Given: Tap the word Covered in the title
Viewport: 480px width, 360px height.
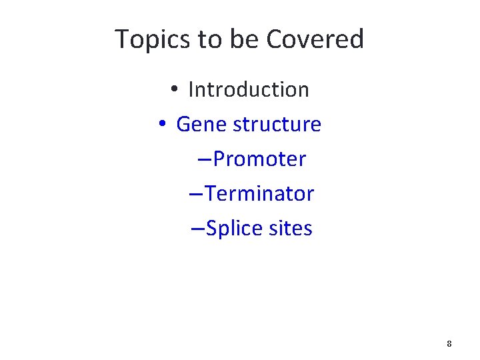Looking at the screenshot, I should (x=315, y=39).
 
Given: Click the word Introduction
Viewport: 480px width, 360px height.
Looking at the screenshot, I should (x=249, y=89).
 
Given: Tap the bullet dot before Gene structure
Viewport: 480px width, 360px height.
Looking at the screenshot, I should (x=161, y=125).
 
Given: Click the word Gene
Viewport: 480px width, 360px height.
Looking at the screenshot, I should (x=197, y=124).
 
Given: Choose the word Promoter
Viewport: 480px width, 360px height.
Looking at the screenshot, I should (x=259, y=159).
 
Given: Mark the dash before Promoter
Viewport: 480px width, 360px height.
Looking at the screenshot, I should (x=205, y=160).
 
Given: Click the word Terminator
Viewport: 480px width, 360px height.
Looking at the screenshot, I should (x=259, y=194).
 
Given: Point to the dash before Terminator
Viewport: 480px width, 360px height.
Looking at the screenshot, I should (x=197, y=195).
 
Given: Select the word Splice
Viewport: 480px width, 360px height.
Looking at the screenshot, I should (x=234, y=229).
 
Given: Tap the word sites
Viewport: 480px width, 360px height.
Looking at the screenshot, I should (x=290, y=229).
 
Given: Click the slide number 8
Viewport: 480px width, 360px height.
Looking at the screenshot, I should (x=449, y=344).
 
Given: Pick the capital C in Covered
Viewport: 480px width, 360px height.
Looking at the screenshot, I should (x=274, y=39).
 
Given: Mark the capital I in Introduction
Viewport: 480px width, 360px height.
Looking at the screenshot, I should (x=191, y=89).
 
